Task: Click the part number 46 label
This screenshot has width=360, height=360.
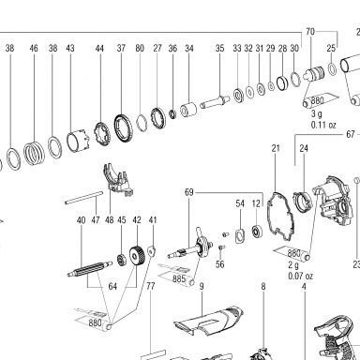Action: tap(34, 48)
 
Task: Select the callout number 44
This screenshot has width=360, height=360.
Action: tap(99, 49)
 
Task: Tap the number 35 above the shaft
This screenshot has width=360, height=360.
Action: tap(220, 48)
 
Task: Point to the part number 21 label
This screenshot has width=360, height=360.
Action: tap(276, 148)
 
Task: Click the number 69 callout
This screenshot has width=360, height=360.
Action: tap(189, 192)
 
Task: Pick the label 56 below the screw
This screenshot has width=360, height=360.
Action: tap(220, 264)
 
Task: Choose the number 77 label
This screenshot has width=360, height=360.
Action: tap(151, 286)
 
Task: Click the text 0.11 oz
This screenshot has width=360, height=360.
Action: tap(323, 125)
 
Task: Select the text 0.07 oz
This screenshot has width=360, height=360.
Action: tap(300, 277)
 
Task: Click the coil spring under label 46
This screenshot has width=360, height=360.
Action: tap(35, 153)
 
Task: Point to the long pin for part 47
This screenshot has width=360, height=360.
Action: tap(84, 198)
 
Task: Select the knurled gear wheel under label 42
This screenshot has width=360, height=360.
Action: tap(137, 256)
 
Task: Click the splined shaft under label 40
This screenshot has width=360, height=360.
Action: tap(90, 269)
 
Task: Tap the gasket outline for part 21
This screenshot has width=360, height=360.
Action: tap(280, 217)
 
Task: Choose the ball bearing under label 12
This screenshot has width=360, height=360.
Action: tap(257, 232)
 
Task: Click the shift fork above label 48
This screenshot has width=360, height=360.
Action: tap(117, 180)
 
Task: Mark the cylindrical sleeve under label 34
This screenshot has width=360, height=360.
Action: tap(188, 110)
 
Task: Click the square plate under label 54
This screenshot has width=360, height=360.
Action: tap(240, 235)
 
